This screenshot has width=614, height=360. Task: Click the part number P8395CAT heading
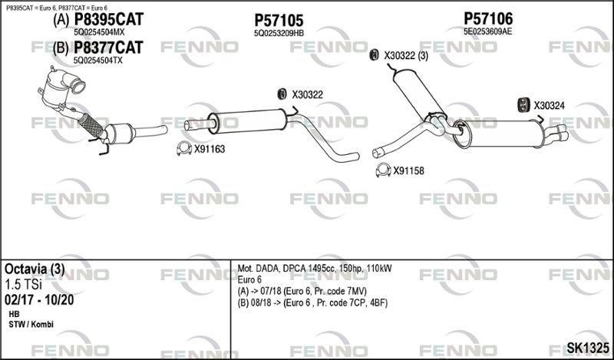coord(109,19)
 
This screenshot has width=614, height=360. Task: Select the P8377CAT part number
coord(108,48)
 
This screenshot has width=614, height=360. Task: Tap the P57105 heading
coord(279,21)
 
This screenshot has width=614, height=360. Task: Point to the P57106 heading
coord(488,18)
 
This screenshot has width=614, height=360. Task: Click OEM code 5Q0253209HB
coord(279,33)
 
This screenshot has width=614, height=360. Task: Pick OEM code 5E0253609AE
coord(487,31)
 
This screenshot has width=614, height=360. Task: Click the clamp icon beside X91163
coord(184,148)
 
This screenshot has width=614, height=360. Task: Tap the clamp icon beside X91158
coord(383,170)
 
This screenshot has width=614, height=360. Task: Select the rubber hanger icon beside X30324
coord(523,104)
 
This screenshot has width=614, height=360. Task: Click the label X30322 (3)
coord(406,56)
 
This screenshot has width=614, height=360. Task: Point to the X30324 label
coord(549,105)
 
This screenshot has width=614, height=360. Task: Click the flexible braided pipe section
coord(91,125)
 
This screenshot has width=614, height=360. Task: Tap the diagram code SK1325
coord(587,348)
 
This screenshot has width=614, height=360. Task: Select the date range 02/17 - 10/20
coord(39,300)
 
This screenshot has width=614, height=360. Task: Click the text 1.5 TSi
coord(23,285)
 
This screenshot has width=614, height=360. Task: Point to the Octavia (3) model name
coord(35,269)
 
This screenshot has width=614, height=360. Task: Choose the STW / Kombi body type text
coord(31,325)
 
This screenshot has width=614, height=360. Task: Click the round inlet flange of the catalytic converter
coord(78,86)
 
